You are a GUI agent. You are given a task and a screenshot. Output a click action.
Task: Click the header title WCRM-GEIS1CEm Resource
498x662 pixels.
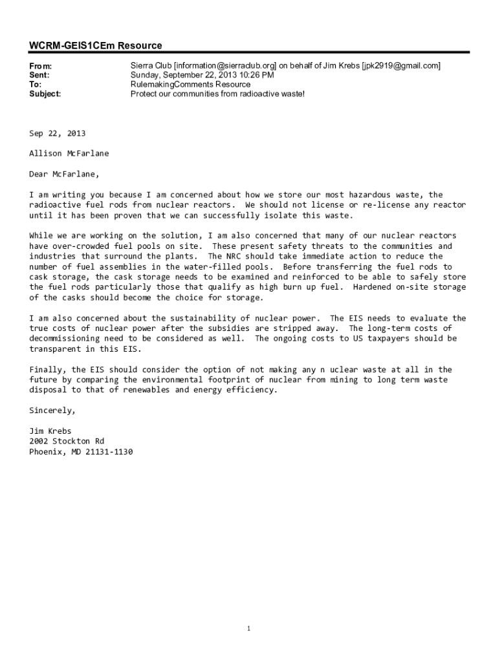click(96, 45)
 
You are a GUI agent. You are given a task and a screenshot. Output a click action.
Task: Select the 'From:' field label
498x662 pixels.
click(41, 66)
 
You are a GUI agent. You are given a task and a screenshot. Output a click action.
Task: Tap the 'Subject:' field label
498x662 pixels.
click(45, 94)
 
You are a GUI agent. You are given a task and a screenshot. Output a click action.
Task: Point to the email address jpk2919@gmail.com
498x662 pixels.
click(401, 66)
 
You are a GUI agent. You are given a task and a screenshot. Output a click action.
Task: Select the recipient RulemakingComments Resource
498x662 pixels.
click(190, 85)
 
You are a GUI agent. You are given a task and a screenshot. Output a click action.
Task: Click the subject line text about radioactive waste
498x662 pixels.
click(217, 94)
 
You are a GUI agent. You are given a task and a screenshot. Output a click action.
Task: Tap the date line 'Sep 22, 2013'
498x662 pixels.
click(57, 133)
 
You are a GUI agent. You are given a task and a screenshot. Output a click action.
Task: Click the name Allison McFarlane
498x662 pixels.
click(69, 153)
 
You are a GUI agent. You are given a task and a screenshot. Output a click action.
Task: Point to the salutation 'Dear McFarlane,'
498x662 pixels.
click(65, 174)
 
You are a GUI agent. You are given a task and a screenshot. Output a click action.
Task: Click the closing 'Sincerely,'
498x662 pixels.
click(52, 411)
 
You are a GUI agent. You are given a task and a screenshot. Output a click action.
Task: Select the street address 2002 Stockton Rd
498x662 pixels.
click(67, 442)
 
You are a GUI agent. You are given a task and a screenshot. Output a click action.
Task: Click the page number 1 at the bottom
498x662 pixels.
click(249, 629)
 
